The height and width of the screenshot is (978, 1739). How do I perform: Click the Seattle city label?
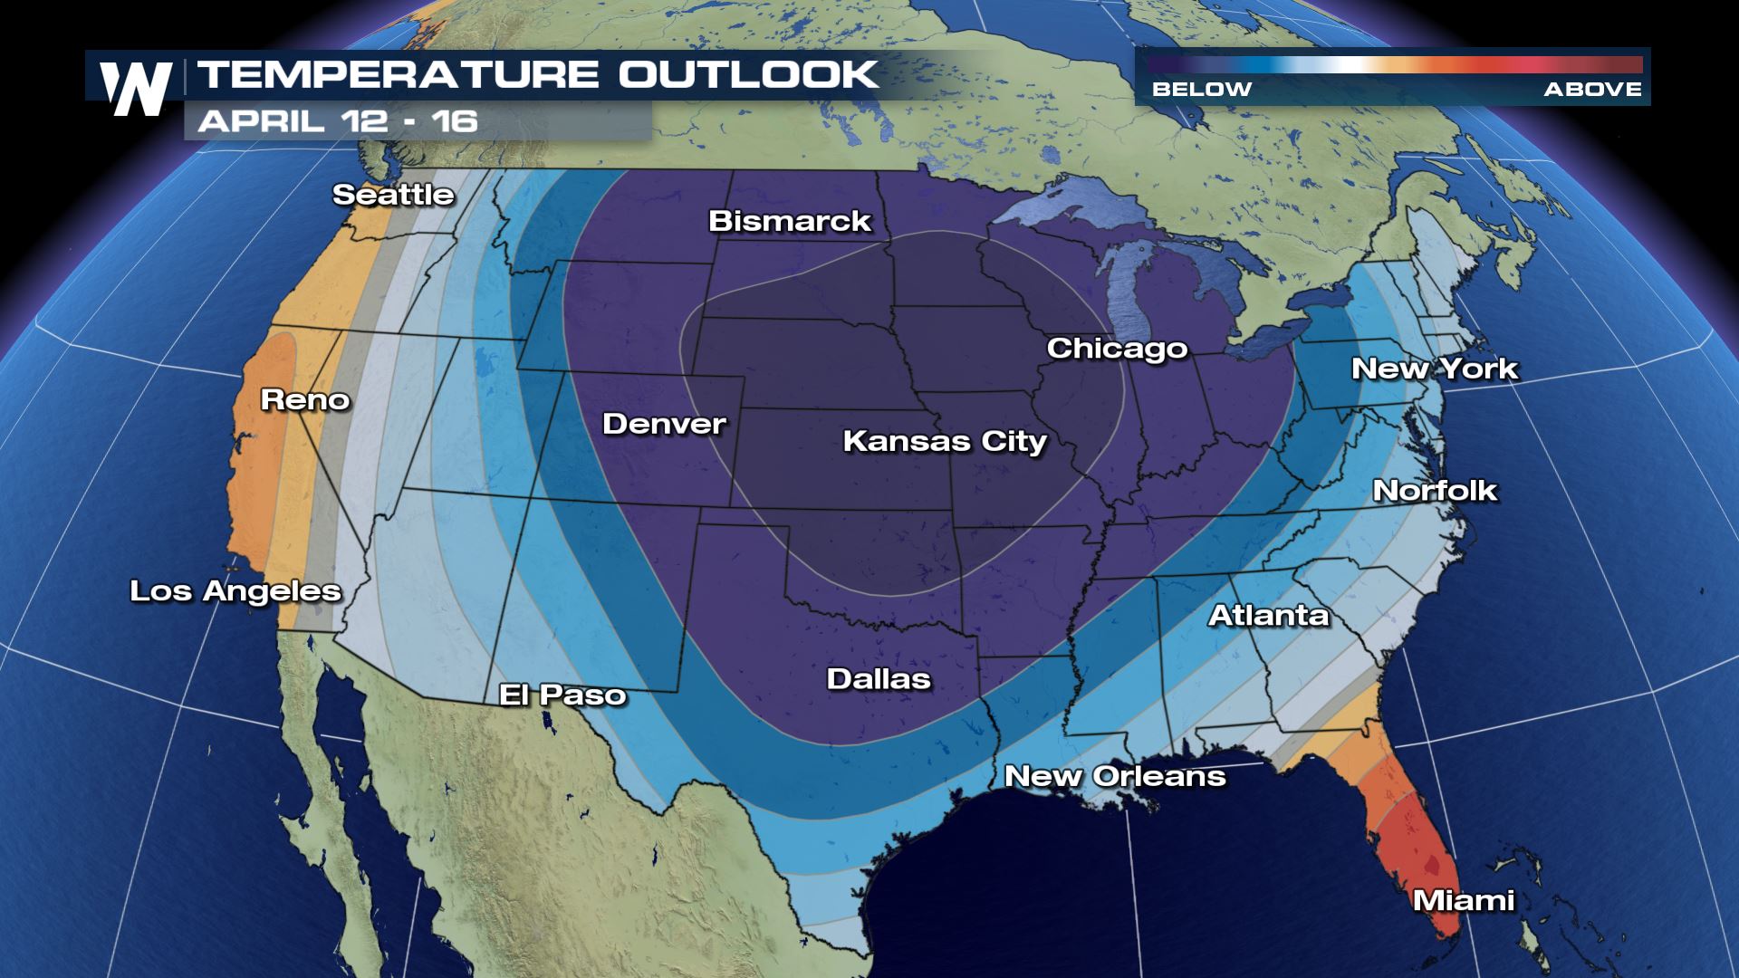pos(393,195)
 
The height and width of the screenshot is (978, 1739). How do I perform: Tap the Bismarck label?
pos(789,221)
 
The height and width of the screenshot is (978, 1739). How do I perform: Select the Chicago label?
pos(1117,349)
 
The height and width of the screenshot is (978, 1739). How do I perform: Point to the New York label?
pos(1434,369)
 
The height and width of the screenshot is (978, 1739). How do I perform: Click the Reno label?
pos(305,399)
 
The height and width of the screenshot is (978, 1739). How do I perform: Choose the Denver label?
pos(664,424)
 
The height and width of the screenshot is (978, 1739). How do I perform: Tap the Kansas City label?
pos(945,441)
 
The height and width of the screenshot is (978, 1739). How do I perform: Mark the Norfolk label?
pos(1435,491)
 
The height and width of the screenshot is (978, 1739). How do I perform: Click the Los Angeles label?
pos(235,591)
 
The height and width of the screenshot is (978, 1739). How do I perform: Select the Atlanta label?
pos(1268,616)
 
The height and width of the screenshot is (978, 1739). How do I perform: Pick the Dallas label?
pos(879,679)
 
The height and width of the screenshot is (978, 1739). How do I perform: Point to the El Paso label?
pos(562,695)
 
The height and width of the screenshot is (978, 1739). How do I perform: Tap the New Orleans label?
pos(1115,776)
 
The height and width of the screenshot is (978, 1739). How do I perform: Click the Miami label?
pos(1464,900)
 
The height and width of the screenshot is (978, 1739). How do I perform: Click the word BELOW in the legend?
pos(1201,89)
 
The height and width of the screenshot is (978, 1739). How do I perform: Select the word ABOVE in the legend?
pos(1592,89)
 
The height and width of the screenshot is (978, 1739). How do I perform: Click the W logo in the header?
pos(136,88)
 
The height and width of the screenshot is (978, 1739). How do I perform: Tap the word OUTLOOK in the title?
pos(748,74)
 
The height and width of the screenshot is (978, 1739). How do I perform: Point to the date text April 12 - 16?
pos(338,121)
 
